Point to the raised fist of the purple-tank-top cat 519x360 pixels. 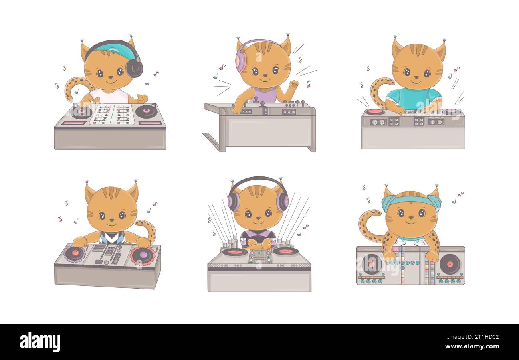(294, 84)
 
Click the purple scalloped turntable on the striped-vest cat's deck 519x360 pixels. (75, 253)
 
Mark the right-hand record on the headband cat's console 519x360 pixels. (450, 264)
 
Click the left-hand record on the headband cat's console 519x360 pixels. (371, 264)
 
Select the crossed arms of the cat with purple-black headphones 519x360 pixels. (258, 243)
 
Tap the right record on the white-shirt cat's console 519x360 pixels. (147, 111)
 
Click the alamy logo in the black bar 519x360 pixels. (40, 342)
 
